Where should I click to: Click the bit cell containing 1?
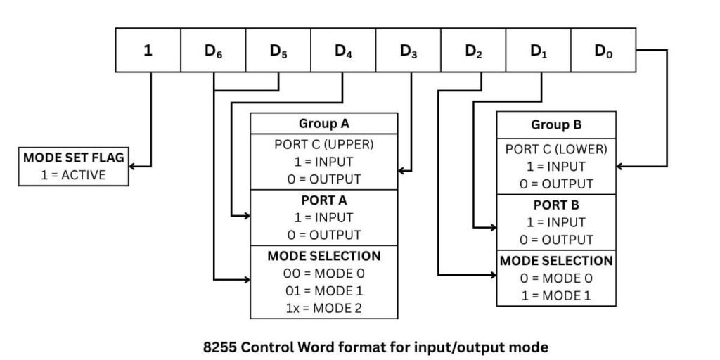[148, 51]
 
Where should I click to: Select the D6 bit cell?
[213, 51]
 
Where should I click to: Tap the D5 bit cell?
[278, 51]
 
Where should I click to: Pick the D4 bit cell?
[343, 51]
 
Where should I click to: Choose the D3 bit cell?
[408, 51]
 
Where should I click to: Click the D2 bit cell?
[473, 51]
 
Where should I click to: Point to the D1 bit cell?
[538, 51]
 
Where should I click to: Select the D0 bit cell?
[603, 51]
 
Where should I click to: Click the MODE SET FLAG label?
[73, 158]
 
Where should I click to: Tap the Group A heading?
[324, 124]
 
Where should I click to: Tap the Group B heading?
[556, 126]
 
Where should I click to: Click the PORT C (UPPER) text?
[324, 145]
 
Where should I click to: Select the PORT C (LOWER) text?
[556, 149]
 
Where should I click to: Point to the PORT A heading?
[324, 200]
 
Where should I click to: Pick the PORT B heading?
[556, 205]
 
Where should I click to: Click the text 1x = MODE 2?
[324, 307]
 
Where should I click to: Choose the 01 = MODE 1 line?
[324, 290]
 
